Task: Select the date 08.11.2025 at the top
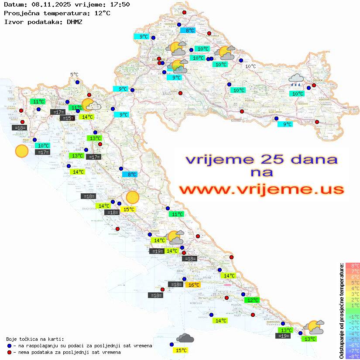click(x=46, y=5)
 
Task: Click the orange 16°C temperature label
click(x=193, y=285)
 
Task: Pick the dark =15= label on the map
click(x=67, y=118)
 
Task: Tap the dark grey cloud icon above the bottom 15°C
click(x=185, y=338)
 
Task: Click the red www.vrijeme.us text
click(x=261, y=190)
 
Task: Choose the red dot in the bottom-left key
click(x=10, y=352)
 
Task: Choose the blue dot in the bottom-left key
click(x=10, y=346)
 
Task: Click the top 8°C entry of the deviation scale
click(x=353, y=265)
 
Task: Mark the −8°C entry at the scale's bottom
click(x=352, y=357)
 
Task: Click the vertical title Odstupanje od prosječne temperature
click(x=341, y=311)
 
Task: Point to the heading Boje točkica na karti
click(x=35, y=339)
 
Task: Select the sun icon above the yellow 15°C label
click(x=132, y=198)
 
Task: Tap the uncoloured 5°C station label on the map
click(x=74, y=75)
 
